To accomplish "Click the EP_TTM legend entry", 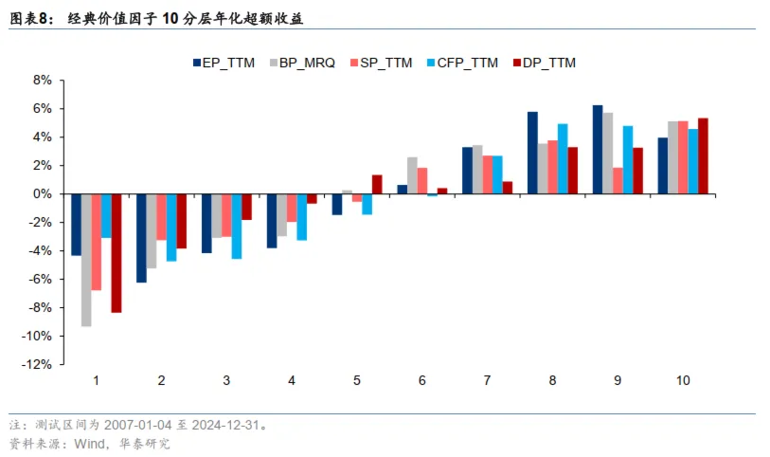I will point(224,64).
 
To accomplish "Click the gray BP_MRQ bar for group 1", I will point(86,260).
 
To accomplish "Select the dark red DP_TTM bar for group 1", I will point(116,253).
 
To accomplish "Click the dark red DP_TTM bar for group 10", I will point(703,155).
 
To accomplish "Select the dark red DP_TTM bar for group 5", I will point(377,184).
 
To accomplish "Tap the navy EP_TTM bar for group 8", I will point(532,153).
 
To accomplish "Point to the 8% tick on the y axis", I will point(42,81).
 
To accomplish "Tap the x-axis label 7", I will point(487,380).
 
